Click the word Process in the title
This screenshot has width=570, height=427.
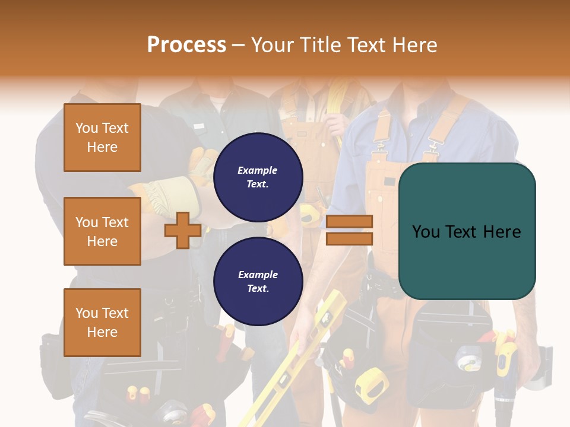pos(186,45)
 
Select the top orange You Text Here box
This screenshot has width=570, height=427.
pos(102,138)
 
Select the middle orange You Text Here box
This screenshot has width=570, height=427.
pos(102,231)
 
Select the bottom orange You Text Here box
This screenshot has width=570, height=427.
pos(102,323)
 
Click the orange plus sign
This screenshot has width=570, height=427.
pos(183,230)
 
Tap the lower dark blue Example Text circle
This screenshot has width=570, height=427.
pos(258,281)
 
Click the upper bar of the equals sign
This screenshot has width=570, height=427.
pos(349,222)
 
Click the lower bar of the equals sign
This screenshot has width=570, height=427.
pos(349,238)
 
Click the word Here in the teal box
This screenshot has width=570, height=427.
pos(502,232)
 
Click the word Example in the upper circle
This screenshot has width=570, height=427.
pos(258,170)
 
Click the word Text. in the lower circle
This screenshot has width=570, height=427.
pos(258,288)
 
